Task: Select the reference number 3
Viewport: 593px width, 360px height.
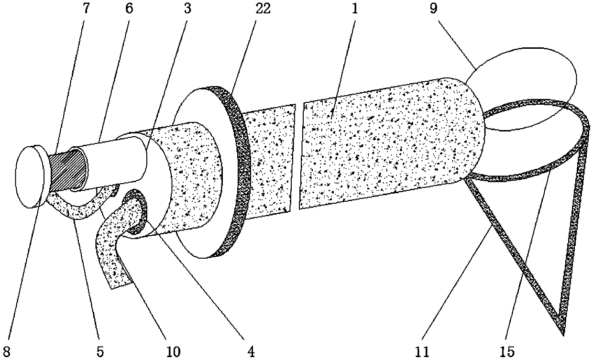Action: (187, 9)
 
